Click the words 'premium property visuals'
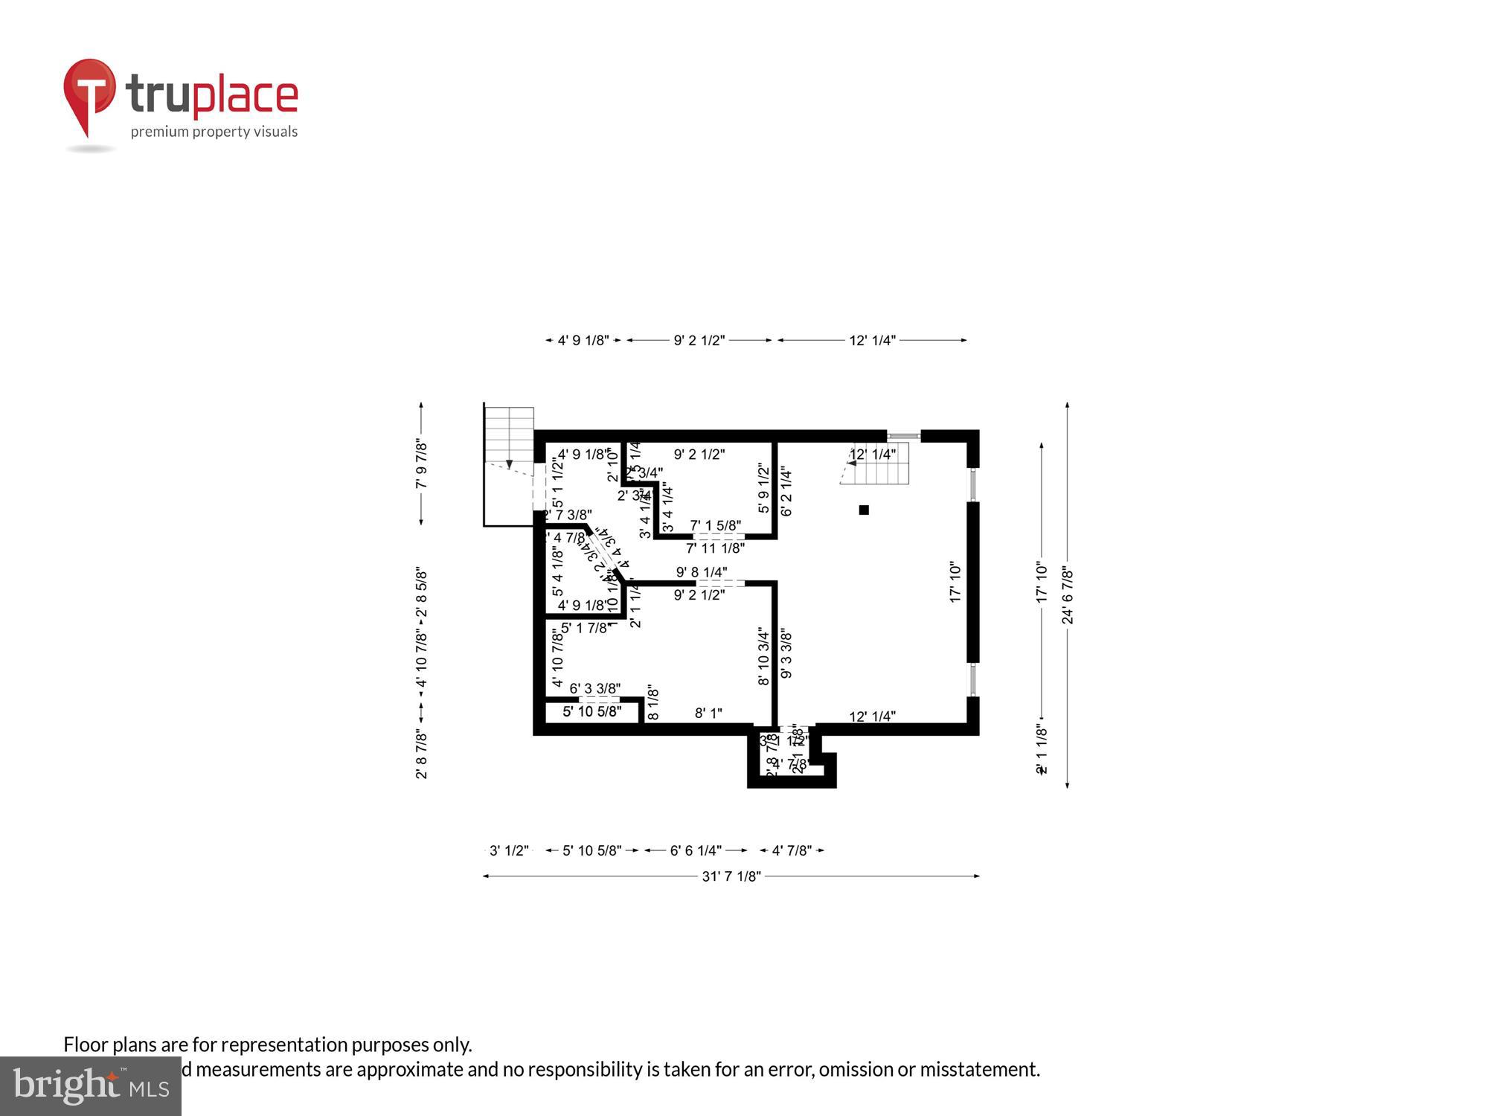tap(214, 132)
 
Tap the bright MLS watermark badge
tap(90, 1086)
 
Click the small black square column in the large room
tap(864, 510)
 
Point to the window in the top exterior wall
tap(904, 436)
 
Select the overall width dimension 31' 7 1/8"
tap(731, 876)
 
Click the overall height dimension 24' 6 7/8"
tap(1068, 595)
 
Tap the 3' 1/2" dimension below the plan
tap(509, 850)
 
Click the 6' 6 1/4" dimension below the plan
tap(696, 850)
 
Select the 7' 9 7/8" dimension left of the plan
tap(422, 464)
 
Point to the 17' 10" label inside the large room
tap(956, 583)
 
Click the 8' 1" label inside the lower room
tap(708, 713)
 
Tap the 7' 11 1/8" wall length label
tap(715, 548)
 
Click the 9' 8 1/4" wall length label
tap(701, 572)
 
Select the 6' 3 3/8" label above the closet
tap(595, 689)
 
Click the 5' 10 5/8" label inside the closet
tap(591, 712)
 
